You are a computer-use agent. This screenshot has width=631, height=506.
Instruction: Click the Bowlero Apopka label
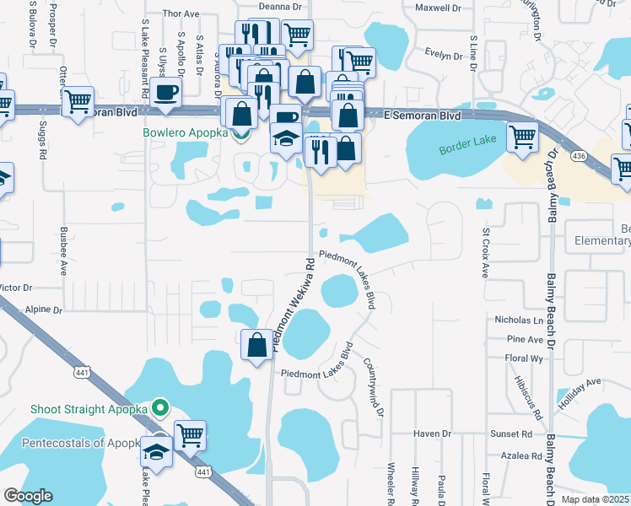[x=186, y=133]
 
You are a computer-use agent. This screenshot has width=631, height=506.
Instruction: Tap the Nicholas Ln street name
[x=519, y=320]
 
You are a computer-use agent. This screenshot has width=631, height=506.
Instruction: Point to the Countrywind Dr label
[x=375, y=386]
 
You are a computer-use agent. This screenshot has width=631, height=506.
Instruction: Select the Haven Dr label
[x=433, y=433]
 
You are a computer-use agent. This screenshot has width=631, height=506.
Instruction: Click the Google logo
[x=28, y=496]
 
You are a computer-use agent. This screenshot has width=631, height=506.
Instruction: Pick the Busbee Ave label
[x=63, y=250]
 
